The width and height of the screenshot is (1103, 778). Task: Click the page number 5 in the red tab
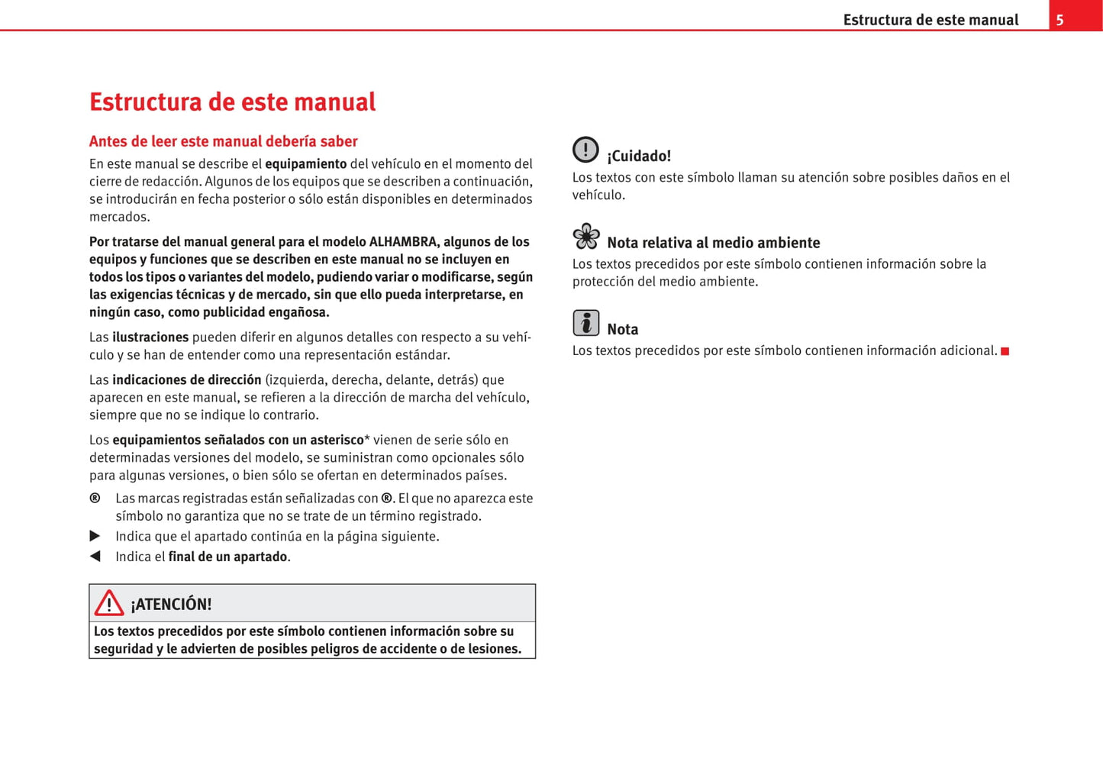1059,21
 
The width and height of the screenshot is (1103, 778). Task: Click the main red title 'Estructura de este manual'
232,102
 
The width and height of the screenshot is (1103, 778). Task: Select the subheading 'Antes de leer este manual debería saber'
223,141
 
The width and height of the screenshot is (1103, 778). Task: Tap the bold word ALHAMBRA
403,242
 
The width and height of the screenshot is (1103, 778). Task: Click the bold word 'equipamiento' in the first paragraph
305,164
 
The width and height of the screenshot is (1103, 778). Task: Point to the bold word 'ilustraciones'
150,337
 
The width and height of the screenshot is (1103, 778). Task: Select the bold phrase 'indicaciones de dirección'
186,380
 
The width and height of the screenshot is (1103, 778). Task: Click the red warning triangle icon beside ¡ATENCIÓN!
109,603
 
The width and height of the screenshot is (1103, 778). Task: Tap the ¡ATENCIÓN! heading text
171,605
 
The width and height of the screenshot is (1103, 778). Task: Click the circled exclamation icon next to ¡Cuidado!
585,150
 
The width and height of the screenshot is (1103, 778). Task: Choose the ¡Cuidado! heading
639,157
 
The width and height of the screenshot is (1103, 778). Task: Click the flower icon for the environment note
586,237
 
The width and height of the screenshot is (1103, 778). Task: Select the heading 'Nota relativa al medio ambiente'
713,243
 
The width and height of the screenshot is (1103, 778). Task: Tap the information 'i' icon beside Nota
585,323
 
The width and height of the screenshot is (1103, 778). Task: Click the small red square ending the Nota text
1005,351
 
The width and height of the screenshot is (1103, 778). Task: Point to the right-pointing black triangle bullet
95,536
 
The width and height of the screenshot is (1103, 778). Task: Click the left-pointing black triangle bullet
95,557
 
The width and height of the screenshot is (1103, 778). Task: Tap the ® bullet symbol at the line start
95,499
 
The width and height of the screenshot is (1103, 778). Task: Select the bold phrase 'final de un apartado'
227,557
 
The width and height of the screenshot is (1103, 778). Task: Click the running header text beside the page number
930,21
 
